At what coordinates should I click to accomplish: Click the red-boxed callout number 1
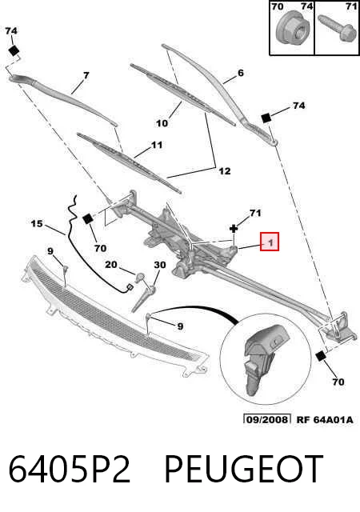pyautogui.click(x=270, y=242)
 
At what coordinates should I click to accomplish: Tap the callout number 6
pyautogui.click(x=241, y=73)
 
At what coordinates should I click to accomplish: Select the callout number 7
pyautogui.click(x=86, y=76)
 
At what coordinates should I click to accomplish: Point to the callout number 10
pyautogui.click(x=162, y=123)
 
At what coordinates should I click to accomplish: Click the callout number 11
pyautogui.click(x=157, y=145)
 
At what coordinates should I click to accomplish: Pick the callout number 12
pyautogui.click(x=225, y=170)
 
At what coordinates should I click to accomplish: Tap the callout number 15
pyautogui.click(x=37, y=224)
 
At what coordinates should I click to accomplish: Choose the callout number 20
pyautogui.click(x=110, y=264)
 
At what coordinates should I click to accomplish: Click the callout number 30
pyautogui.click(x=160, y=265)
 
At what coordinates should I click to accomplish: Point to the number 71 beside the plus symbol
pyautogui.click(x=255, y=213)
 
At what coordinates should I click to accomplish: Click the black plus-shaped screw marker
pyautogui.click(x=234, y=229)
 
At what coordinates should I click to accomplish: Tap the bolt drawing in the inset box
pyautogui.click(x=338, y=28)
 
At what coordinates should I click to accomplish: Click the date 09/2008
pyautogui.click(x=267, y=419)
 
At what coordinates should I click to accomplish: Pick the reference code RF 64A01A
pyautogui.click(x=325, y=419)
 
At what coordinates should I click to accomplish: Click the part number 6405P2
pyautogui.click(x=70, y=470)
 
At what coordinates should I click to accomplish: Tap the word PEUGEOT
pyautogui.click(x=244, y=470)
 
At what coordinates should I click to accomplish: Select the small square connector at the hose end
pyautogui.click(x=129, y=287)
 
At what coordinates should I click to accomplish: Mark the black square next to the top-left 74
pyautogui.click(x=14, y=51)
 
